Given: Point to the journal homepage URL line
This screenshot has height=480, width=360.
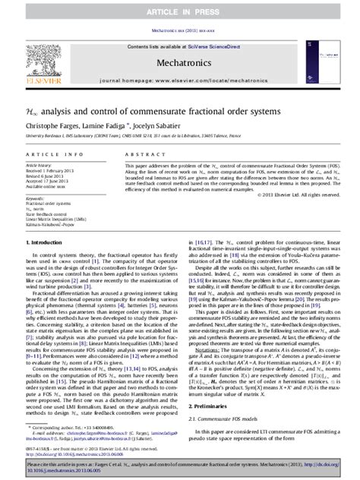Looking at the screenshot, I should [179, 90].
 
